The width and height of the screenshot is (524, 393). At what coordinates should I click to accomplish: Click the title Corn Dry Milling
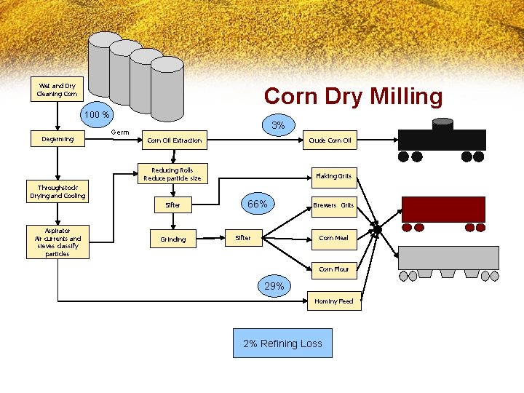(353, 97)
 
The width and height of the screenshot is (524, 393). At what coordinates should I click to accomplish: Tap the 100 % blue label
(96, 115)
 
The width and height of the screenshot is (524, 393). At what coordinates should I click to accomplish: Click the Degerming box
(57, 139)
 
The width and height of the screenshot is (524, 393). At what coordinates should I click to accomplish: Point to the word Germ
(120, 132)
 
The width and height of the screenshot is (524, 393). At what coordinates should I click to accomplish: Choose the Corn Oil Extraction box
(175, 140)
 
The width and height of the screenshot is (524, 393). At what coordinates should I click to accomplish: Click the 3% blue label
(278, 126)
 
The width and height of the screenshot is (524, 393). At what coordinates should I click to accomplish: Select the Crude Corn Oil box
(330, 140)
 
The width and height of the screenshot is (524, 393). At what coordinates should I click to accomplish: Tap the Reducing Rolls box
(172, 174)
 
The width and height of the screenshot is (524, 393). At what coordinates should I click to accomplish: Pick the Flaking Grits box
(333, 175)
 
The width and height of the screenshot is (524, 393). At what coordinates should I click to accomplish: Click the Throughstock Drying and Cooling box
(57, 191)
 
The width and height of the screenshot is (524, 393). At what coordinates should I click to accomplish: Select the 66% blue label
(257, 205)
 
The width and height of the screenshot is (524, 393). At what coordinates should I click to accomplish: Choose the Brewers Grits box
(333, 205)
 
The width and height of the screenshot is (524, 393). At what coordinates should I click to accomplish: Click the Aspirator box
(57, 242)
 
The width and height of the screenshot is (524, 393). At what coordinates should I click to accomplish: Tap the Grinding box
(173, 239)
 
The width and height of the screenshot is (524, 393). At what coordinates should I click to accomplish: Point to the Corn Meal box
(333, 238)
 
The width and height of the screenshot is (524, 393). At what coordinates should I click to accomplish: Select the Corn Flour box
(333, 269)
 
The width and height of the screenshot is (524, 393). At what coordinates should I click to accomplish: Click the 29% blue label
(274, 286)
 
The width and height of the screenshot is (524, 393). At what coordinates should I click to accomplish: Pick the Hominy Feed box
(333, 301)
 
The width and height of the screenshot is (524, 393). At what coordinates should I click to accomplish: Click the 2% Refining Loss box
(282, 344)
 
